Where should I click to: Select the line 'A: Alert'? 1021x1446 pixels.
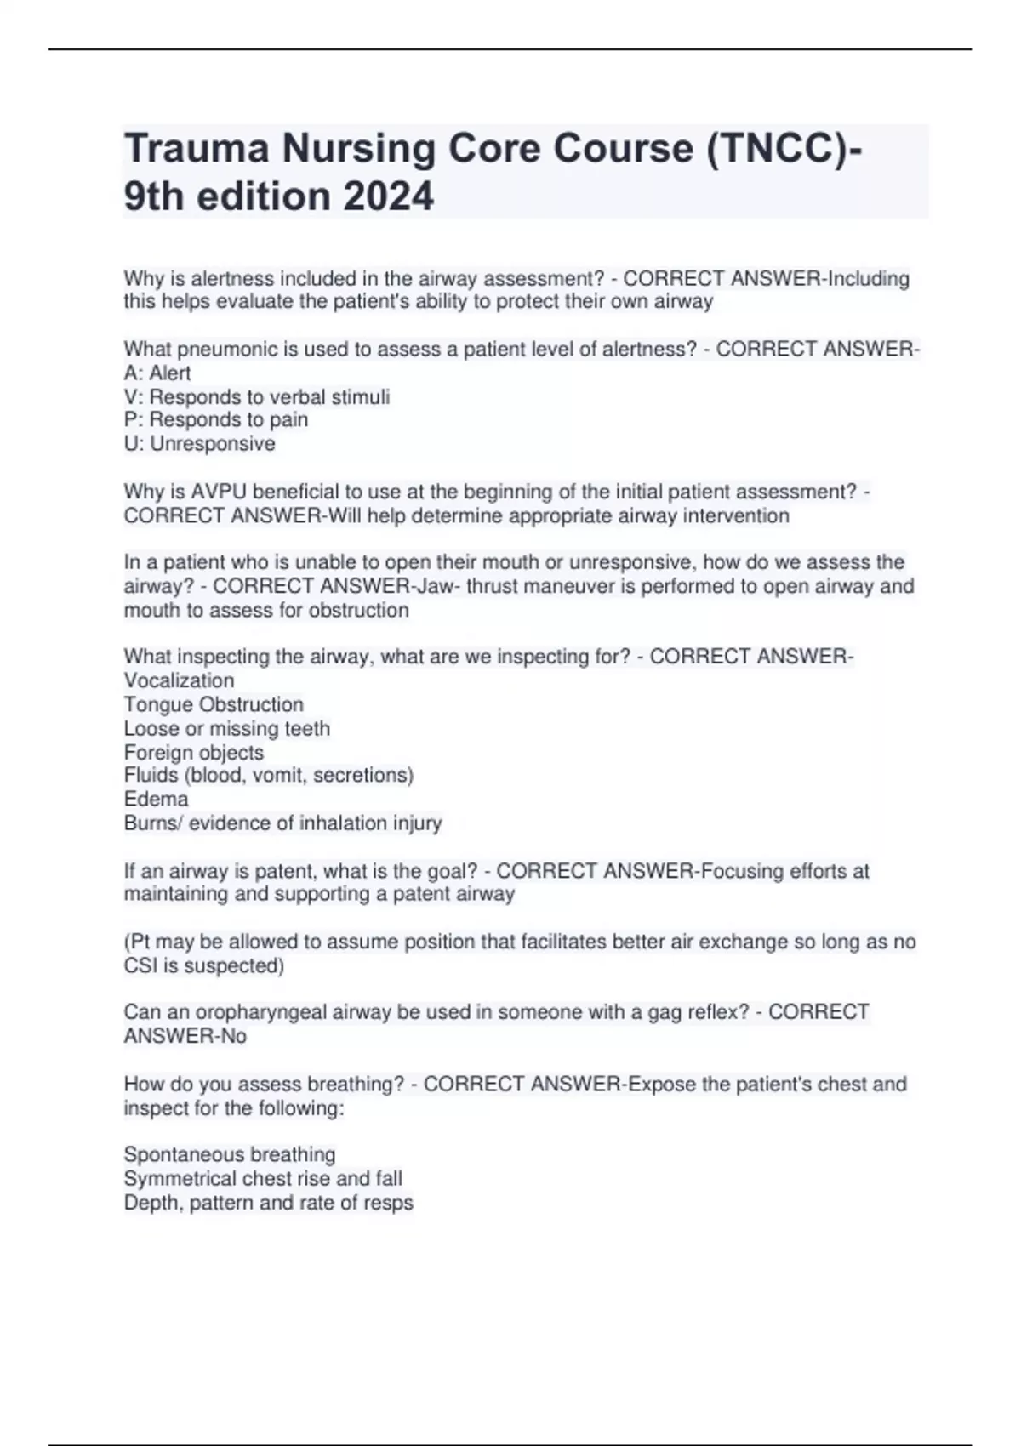(x=157, y=373)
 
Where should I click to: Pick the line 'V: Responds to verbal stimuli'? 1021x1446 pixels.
(x=257, y=397)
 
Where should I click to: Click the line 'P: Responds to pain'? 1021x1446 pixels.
(x=216, y=420)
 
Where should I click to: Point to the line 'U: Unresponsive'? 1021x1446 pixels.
(x=199, y=444)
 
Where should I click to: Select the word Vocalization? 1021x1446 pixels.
(x=179, y=680)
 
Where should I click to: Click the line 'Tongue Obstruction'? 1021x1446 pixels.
(x=214, y=704)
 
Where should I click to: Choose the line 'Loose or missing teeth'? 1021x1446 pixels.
(x=226, y=728)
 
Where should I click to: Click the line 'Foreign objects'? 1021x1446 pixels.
(x=194, y=753)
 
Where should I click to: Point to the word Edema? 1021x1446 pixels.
(x=156, y=800)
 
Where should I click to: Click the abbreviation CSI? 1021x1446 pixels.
(x=142, y=966)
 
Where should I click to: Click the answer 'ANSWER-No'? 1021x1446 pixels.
(x=185, y=1036)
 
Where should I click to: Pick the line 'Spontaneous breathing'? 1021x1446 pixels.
(x=230, y=1155)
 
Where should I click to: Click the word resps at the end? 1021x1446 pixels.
(x=386, y=1203)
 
